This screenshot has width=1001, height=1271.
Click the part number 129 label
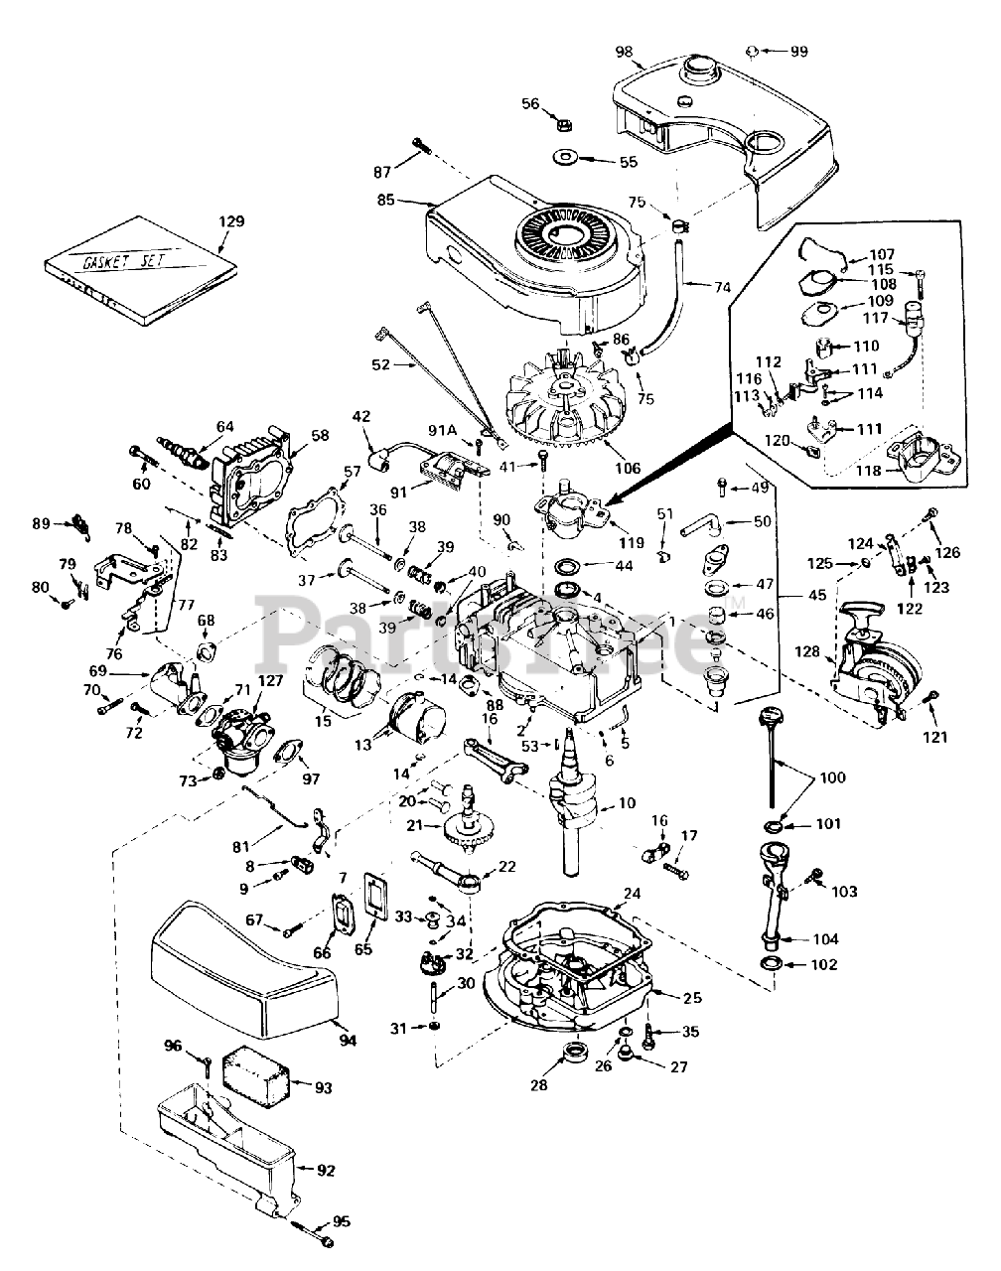231,221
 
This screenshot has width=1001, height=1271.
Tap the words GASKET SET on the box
123,260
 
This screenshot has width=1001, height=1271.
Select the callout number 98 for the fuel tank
624,52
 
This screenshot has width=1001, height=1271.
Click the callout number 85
385,201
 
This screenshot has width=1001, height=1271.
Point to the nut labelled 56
564,125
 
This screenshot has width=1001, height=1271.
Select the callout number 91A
443,431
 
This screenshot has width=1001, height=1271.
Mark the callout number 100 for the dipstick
832,777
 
